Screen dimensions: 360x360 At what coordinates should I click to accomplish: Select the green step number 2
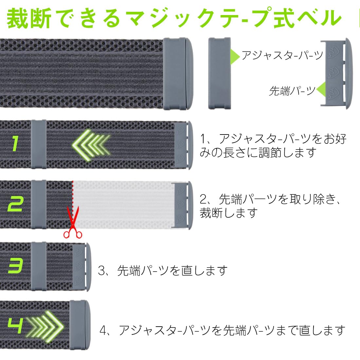click(15, 204)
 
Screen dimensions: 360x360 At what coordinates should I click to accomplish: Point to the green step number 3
click(15, 265)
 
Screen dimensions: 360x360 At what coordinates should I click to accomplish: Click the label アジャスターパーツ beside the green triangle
click(282, 55)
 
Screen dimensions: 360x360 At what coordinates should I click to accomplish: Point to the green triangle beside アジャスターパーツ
click(235, 54)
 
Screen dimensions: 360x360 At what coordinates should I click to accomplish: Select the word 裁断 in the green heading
click(29, 19)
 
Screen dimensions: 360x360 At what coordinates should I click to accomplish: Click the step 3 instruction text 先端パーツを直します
click(172, 271)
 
